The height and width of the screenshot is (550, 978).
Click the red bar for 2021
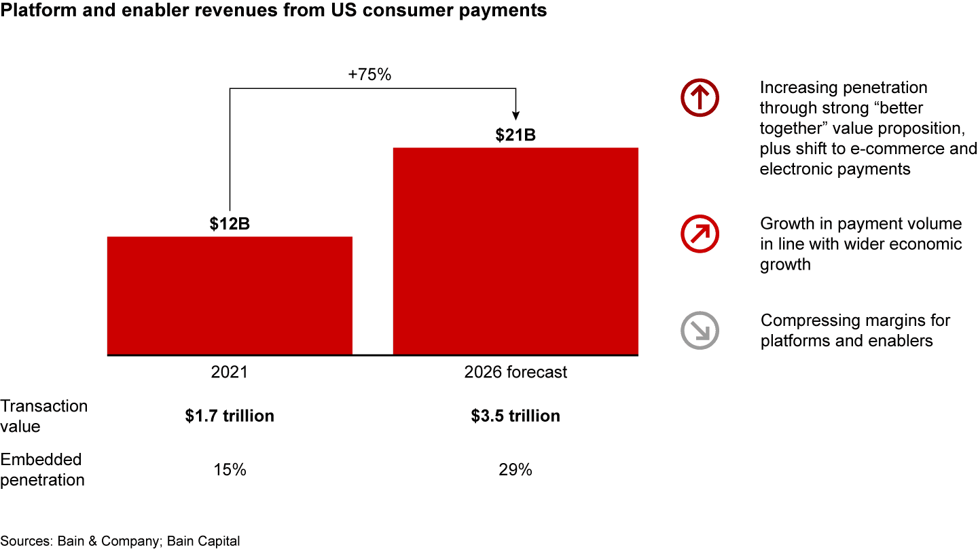tap(230, 295)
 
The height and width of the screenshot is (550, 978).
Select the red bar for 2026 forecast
tap(515, 251)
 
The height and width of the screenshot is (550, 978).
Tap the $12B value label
tap(230, 224)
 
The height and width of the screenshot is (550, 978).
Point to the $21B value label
tap(515, 135)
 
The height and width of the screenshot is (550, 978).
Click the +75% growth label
tap(369, 75)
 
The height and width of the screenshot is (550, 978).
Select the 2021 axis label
tap(230, 373)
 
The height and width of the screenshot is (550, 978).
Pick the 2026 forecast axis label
tap(515, 373)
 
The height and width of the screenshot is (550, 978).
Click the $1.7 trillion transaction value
tap(230, 416)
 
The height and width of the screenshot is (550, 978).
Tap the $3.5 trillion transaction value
tap(515, 416)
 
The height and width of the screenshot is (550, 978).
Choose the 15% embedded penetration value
tap(230, 469)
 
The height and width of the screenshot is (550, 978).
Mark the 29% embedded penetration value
tap(515, 469)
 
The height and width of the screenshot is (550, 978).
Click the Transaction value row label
tap(43, 416)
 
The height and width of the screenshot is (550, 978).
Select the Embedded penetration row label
tap(42, 469)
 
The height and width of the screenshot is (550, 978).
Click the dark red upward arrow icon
tap(700, 98)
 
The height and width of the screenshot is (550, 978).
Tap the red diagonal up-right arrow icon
tap(700, 234)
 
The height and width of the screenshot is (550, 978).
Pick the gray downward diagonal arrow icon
tap(700, 330)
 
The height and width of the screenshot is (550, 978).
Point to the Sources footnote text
tap(120, 541)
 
